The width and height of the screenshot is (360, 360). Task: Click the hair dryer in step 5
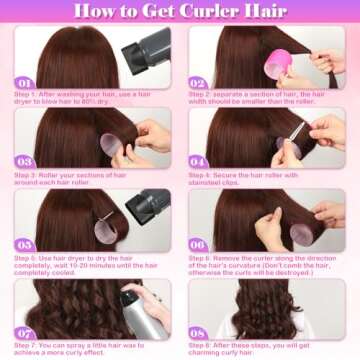(x=147, y=205)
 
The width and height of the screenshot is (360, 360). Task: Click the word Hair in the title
(x=274, y=12)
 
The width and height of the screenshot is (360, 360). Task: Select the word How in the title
(x=89, y=12)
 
